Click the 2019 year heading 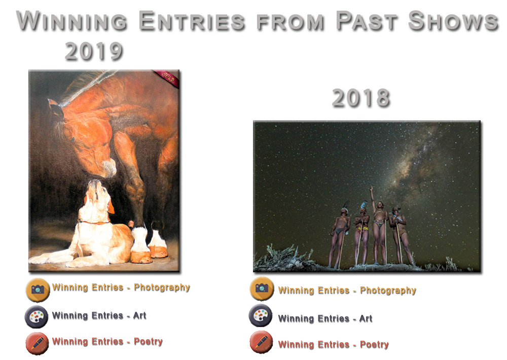94,51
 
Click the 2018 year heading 361,98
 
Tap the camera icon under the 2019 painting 38,290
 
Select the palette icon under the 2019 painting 37,316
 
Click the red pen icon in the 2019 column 37,343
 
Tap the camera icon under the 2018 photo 262,288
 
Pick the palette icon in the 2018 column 261,315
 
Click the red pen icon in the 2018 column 261,342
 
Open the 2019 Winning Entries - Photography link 121,287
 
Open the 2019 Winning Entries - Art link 99,315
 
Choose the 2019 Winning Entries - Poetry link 107,342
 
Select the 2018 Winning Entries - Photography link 347,291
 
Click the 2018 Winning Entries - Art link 325,318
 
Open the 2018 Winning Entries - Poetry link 334,344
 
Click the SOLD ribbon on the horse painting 167,78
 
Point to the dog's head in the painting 97,198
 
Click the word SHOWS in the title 453,21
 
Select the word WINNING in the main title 72,21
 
